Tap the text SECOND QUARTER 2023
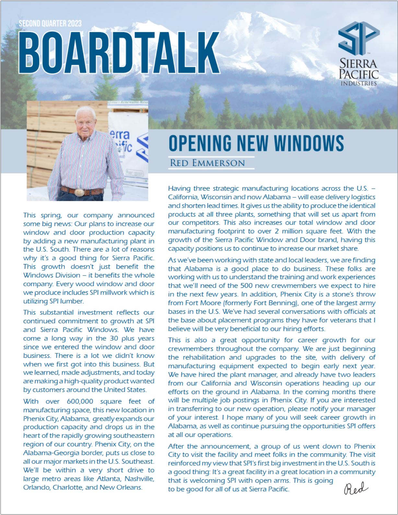tap(50, 24)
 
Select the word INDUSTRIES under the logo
tap(359, 84)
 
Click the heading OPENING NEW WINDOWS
tap(256, 143)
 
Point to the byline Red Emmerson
tap(207, 163)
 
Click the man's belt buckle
tap(79, 192)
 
